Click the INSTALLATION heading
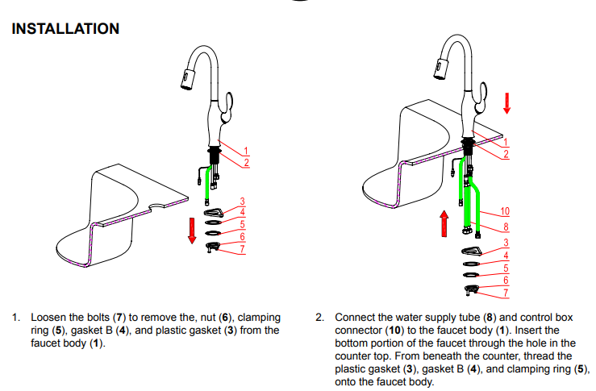[x=65, y=29]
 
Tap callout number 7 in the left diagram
[x=242, y=250]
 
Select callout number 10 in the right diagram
[x=505, y=212]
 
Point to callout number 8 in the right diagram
[x=506, y=227]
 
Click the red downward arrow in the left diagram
[x=192, y=228]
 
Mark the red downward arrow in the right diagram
[x=507, y=102]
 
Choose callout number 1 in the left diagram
[x=247, y=149]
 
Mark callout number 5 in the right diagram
[x=506, y=268]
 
